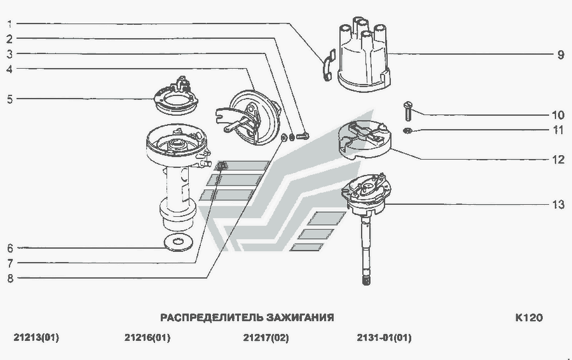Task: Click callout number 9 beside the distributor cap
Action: [560, 55]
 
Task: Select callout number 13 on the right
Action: [557, 205]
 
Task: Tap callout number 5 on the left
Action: [10, 99]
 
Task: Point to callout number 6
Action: [10, 247]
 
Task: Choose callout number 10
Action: [557, 115]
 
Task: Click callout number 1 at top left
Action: [10, 24]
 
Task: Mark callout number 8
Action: [10, 277]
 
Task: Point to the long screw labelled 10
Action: [407, 112]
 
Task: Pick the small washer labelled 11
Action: [407, 130]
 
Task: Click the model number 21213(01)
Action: [36, 338]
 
